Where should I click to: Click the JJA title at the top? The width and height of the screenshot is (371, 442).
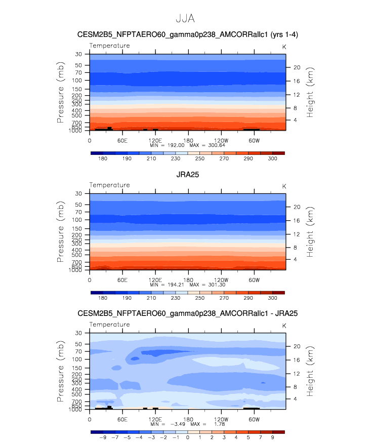point(185,18)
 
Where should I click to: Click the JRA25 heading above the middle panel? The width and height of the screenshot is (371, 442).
point(188,175)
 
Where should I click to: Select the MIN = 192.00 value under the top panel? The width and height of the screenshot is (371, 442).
point(168,145)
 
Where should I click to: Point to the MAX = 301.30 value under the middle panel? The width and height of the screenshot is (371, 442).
point(208,285)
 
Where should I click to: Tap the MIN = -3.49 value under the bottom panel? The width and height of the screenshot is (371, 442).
point(168,424)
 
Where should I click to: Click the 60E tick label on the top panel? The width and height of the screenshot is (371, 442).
point(122,140)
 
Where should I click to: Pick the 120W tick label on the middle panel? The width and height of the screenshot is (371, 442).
point(221,280)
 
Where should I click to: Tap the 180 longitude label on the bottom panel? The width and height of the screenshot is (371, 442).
point(188,419)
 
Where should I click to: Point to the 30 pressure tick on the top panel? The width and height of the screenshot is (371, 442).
point(78,54)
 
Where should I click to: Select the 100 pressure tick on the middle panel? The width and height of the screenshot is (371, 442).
point(77,220)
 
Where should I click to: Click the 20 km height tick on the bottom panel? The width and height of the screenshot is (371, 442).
point(297,346)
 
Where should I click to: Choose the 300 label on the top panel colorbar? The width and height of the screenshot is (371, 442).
point(272,158)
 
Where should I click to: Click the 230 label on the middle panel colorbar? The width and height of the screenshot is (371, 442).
point(176,298)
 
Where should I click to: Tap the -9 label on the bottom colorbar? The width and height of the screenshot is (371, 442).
point(103,437)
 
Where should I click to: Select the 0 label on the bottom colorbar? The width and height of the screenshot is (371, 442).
point(188,437)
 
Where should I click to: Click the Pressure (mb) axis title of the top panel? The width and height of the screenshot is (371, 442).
point(60,92)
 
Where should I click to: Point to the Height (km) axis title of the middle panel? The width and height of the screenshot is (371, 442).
point(310,232)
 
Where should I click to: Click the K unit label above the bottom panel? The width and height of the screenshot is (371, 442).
point(284,326)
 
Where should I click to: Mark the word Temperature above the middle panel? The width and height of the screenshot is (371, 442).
point(110,185)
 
